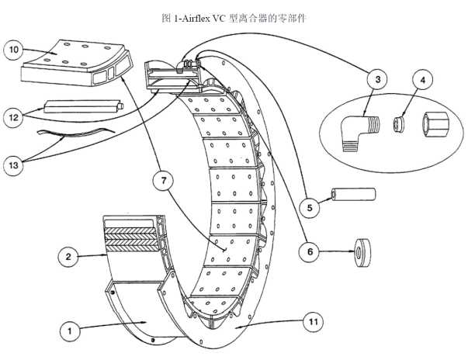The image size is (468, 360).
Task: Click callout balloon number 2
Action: pyautogui.click(x=69, y=256)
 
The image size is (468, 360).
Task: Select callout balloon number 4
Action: pyautogui.click(x=422, y=80)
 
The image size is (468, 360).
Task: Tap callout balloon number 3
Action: pyautogui.click(x=376, y=80)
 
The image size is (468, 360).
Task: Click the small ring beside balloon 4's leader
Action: pyautogui.click(x=397, y=124)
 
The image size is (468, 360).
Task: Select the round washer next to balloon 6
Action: pyautogui.click(x=360, y=251)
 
